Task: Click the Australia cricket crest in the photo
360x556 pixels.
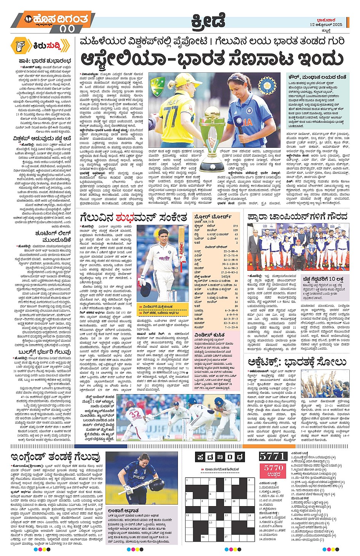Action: (157, 84)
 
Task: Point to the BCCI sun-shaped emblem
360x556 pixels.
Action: (266, 84)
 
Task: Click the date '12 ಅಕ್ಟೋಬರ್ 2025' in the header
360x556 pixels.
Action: (326, 24)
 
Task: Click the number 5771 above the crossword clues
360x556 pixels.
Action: (273, 456)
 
